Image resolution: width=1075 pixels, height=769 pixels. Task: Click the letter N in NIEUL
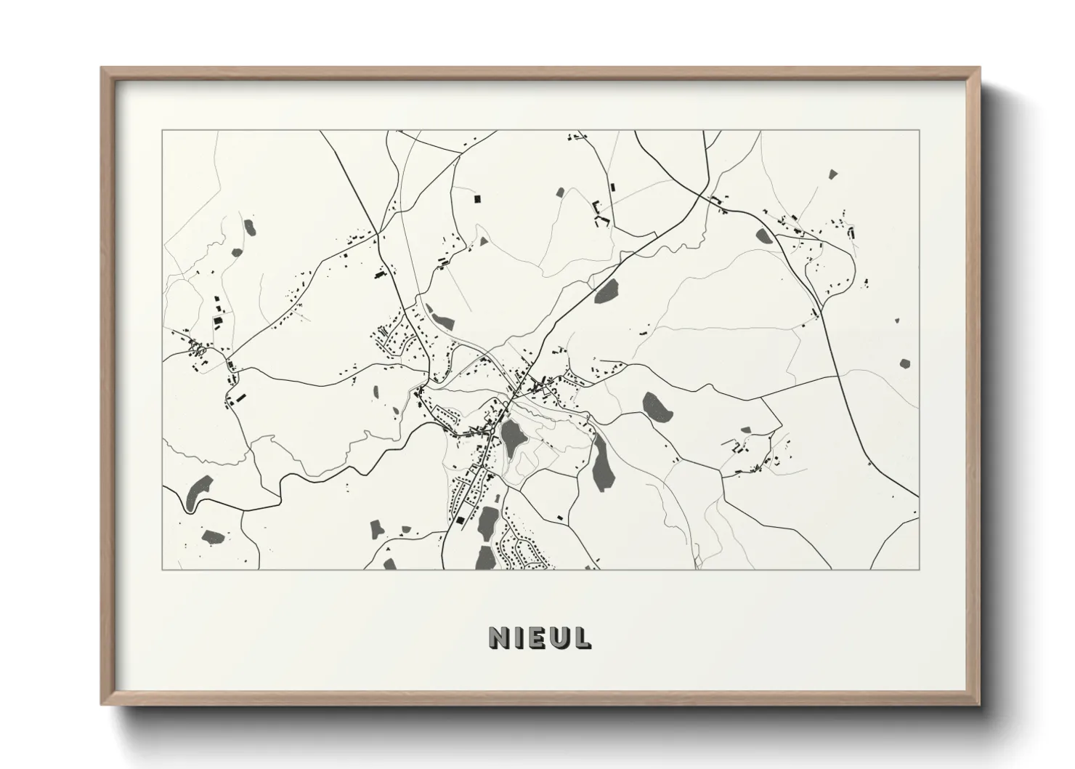(498, 637)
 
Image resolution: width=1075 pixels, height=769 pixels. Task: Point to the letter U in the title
(559, 637)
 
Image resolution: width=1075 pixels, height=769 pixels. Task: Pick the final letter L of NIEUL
(582, 637)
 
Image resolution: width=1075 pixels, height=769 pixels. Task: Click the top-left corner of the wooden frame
(102, 68)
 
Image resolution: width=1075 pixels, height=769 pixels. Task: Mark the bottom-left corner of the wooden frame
(102, 704)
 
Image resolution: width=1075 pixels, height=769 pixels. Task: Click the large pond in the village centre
(514, 437)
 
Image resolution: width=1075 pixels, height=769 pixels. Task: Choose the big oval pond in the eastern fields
(658, 406)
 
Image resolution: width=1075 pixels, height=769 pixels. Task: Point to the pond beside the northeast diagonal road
(607, 290)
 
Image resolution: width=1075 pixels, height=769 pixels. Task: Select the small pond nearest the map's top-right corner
(832, 174)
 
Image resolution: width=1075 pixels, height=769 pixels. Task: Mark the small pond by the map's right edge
(905, 363)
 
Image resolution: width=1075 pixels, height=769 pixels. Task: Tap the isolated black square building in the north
(477, 198)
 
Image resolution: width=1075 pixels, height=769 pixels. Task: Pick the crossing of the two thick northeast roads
(707, 196)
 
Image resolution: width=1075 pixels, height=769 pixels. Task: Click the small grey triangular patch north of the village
(481, 239)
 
